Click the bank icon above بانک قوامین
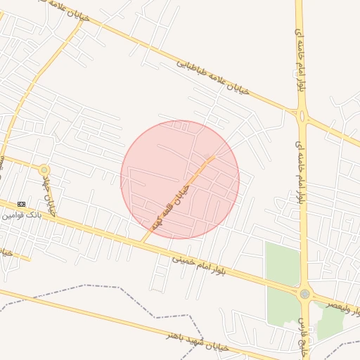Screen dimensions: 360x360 tap(21, 204)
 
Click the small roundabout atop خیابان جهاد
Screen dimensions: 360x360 tap(44, 169)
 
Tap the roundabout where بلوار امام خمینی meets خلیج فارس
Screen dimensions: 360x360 tap(304, 294)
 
